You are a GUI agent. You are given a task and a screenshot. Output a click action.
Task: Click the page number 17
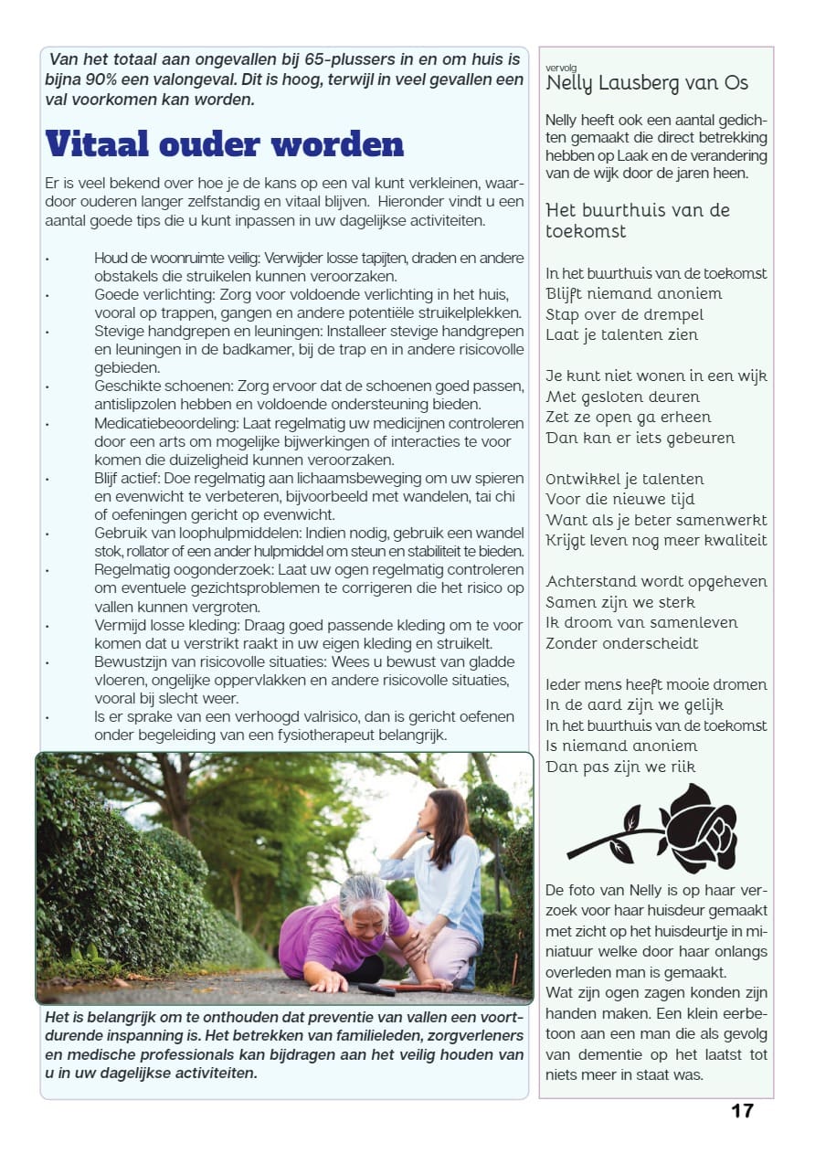pyautogui.click(x=742, y=1110)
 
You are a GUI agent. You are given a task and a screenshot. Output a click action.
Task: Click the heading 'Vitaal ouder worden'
pyautogui.click(x=225, y=143)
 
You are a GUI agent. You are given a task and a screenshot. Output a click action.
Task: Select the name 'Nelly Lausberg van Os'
pyautogui.click(x=647, y=83)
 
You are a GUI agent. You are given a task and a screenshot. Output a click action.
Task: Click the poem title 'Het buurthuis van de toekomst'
pyautogui.click(x=638, y=220)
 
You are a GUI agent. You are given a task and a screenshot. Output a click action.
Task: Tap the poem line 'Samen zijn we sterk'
pyautogui.click(x=620, y=602)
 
